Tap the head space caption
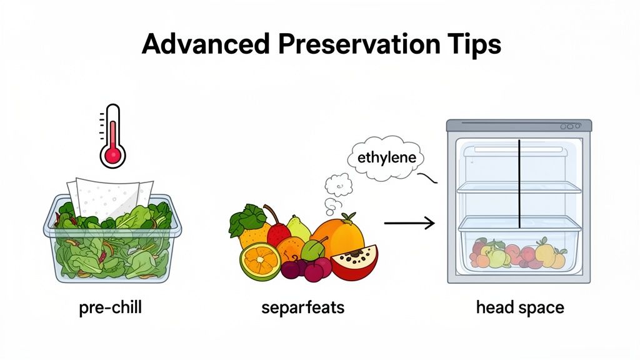coord(519,308)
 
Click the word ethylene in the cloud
coord(386,158)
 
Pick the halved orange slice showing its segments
coord(259,261)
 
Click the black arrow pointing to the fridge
coord(409,222)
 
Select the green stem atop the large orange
coord(348,217)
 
